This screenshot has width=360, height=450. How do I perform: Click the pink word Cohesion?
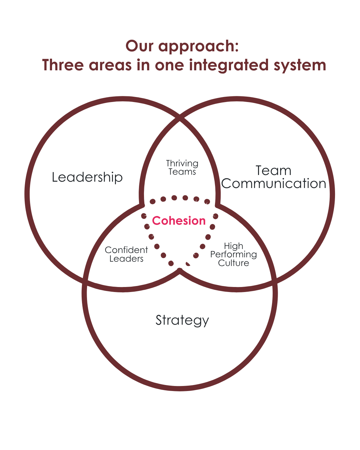179,221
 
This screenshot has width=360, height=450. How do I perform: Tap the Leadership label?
87,177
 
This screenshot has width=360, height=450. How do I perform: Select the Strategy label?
182,320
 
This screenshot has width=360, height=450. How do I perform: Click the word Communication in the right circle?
273,184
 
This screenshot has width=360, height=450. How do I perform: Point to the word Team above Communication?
273,170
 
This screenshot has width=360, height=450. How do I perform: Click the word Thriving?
182,163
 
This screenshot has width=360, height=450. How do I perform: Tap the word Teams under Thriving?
182,172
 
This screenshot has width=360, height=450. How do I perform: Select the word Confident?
126,250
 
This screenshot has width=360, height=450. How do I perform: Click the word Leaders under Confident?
126,259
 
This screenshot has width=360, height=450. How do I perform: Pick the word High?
233,246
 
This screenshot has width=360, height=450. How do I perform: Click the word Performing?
233,255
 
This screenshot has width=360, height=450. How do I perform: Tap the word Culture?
233,263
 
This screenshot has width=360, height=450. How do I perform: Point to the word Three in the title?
63,65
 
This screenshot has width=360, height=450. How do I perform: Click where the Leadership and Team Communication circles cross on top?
180,117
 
